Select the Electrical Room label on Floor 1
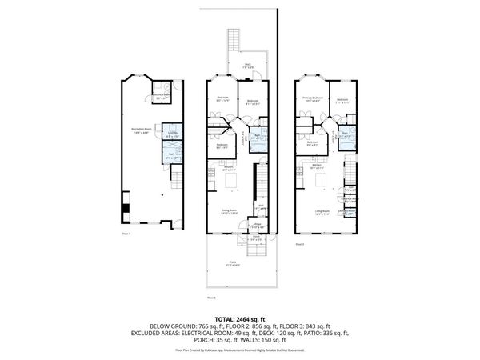166,98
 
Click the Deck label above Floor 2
249,66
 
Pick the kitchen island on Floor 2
232,181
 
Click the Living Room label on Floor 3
322,212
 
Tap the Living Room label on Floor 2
230,212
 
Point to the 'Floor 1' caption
126,234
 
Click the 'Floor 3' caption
301,243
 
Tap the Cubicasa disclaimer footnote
239,350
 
